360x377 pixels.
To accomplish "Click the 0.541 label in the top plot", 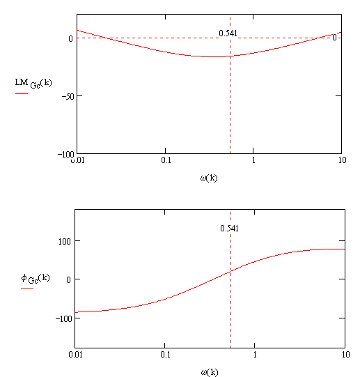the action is [228, 33].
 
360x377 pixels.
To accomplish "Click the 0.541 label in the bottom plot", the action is [229, 228].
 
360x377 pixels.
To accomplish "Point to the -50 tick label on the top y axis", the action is [68, 96].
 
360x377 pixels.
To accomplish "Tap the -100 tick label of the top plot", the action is [65, 154].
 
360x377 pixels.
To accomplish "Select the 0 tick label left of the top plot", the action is [70, 38].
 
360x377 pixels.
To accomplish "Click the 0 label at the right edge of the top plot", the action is [334, 38].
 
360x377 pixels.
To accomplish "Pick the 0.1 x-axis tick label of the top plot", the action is [166, 160].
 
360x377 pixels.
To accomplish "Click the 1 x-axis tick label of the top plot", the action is [253, 160].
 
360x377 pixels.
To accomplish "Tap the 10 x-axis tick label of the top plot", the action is [342, 160].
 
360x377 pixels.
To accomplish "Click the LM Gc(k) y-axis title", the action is [33, 83].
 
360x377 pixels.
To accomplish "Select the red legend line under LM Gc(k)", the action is [22, 93].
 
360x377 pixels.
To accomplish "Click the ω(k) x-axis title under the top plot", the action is [209, 178].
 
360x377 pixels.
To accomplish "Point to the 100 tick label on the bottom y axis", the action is [64, 241].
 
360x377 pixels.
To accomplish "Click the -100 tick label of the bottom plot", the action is [63, 319].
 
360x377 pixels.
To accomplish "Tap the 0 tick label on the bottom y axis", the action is [68, 280].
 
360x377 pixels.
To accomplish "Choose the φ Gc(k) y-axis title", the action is [36, 279].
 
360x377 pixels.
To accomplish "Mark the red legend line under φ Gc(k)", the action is [27, 288].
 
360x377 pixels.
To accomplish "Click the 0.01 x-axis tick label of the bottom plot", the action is [75, 355].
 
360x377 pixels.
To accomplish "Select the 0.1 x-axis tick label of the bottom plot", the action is [165, 355].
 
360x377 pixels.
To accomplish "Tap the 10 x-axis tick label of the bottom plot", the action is [345, 355].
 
